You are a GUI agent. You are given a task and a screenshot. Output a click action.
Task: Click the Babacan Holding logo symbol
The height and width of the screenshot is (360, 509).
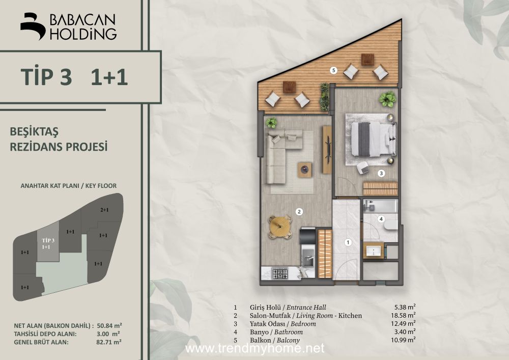pyautogui.click(x=33, y=26)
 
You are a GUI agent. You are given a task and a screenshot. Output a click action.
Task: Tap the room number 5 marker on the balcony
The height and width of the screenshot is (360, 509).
pyautogui.click(x=333, y=70)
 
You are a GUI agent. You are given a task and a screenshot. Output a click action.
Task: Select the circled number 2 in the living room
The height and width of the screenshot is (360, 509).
pyautogui.click(x=299, y=212)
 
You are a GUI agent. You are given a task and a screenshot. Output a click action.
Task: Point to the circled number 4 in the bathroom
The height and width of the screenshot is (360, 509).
pyautogui.click(x=381, y=219)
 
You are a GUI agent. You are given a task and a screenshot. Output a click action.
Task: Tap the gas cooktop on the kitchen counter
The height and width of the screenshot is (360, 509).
pyautogui.click(x=280, y=273)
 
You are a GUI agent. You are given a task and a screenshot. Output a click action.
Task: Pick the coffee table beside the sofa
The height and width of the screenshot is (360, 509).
pyautogui.click(x=305, y=170)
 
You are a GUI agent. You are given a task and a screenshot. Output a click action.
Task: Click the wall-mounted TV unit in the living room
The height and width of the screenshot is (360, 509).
pyautogui.click(x=327, y=150)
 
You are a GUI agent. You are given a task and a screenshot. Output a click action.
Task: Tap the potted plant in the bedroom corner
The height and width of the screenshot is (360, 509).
pyautogui.click(x=387, y=99)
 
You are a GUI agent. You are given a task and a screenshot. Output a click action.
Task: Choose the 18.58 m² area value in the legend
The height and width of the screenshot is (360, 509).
pyautogui.click(x=403, y=315)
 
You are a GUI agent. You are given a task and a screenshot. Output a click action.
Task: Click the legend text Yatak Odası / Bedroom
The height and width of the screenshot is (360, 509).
pyautogui.click(x=282, y=324)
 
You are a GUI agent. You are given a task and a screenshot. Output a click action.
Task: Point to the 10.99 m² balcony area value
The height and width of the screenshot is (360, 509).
pyautogui.click(x=403, y=340)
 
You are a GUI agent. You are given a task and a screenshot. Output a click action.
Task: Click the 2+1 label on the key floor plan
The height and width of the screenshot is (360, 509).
pyautogui.click(x=104, y=210)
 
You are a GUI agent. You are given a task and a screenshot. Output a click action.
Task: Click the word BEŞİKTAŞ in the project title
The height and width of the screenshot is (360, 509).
pyautogui.click(x=34, y=132)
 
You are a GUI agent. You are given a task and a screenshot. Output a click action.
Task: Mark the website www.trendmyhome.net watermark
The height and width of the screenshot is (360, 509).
pyautogui.click(x=254, y=348)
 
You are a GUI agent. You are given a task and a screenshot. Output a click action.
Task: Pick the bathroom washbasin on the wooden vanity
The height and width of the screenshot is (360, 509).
pyautogui.click(x=374, y=251)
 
